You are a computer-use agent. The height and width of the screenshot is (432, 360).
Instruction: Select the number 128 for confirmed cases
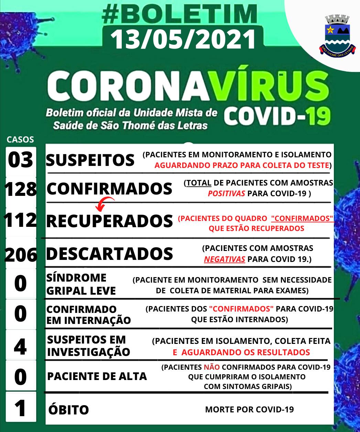(x=21, y=189)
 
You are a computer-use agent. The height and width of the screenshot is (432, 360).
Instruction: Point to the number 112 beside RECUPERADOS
(x=21, y=220)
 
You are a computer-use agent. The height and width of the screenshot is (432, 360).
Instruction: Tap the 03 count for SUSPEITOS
(x=21, y=160)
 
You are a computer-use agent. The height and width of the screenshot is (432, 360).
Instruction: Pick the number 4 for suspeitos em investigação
(x=20, y=347)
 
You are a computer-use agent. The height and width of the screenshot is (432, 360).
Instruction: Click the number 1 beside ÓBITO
(x=21, y=409)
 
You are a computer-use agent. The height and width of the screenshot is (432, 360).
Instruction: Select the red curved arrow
(x=105, y=203)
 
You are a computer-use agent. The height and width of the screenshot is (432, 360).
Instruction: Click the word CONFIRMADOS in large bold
(x=109, y=189)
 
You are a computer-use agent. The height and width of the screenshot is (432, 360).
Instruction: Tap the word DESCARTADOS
(x=109, y=254)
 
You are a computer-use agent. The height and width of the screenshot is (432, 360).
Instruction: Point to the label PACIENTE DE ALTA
(x=97, y=376)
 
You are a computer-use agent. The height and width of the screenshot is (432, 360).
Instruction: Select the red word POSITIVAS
(x=226, y=193)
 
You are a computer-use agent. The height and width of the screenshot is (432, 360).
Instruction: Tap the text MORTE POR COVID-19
(x=249, y=409)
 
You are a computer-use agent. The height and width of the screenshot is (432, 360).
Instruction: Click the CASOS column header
(x=20, y=140)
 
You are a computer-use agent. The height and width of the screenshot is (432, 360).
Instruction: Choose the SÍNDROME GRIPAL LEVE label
(x=81, y=284)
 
